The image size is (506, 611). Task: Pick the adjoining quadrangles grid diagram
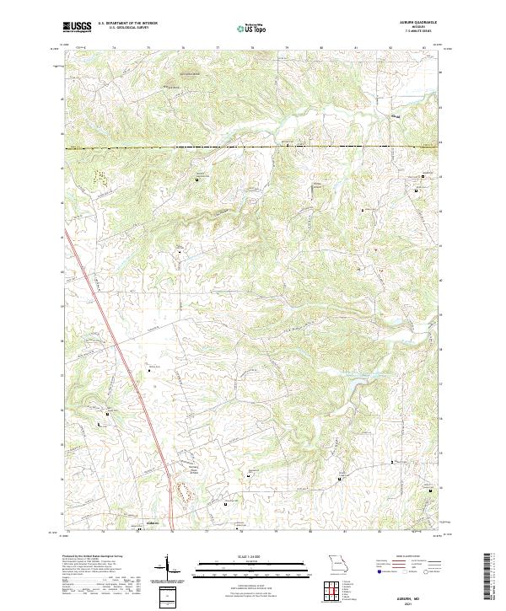[x=336, y=592]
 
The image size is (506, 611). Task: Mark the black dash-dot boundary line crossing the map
[x=253, y=147]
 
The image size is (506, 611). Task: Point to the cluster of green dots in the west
[x=100, y=178]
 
